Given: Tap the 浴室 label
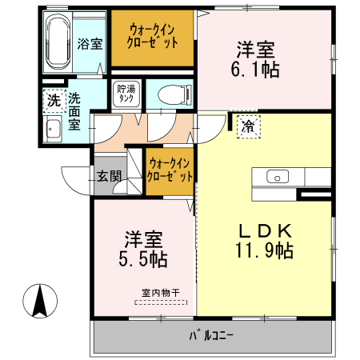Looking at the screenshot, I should (x=90, y=44).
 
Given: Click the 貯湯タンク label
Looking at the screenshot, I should (x=126, y=94).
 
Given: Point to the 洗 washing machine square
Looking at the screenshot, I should (x=52, y=101).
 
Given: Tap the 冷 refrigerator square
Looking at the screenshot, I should (x=248, y=126).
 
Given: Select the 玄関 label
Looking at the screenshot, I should (x=109, y=178).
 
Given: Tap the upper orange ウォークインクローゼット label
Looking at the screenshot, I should (x=154, y=37).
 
